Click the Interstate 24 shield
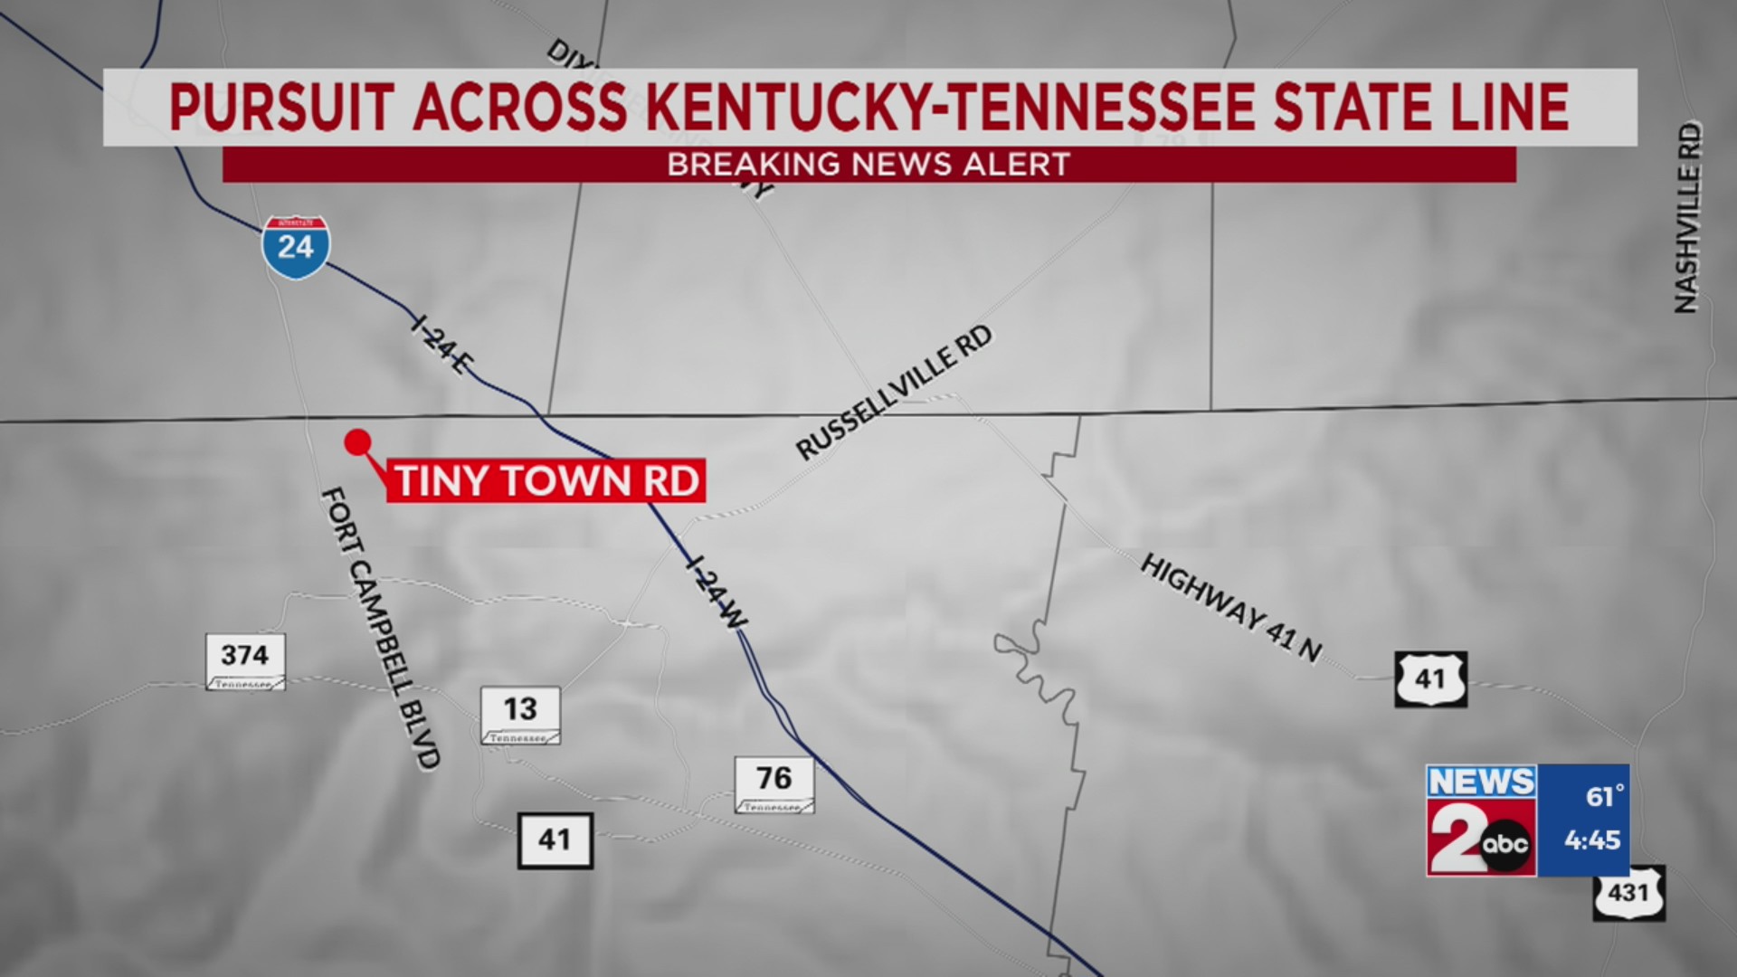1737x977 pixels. point(296,247)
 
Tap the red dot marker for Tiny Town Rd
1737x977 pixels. point(358,442)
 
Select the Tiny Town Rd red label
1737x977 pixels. point(546,480)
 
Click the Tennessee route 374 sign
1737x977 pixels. point(245,661)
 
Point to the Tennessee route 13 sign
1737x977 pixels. point(520,715)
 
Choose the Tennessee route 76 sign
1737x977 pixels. point(774,783)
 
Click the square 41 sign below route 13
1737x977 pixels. point(555,840)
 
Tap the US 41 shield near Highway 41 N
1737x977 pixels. point(1430,678)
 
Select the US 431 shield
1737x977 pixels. point(1628,893)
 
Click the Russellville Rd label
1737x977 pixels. point(894,393)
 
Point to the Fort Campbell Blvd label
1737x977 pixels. point(381,628)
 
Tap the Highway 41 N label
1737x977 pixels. point(1231,607)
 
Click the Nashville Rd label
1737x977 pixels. point(1687,218)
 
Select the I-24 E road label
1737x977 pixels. point(441,345)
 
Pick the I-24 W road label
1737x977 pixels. point(717,591)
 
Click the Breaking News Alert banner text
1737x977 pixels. point(868,165)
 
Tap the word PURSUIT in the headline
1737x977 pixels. point(280,107)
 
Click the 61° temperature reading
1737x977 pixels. point(1604,796)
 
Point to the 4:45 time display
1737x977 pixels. point(1592,840)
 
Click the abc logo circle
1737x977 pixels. point(1505,845)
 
